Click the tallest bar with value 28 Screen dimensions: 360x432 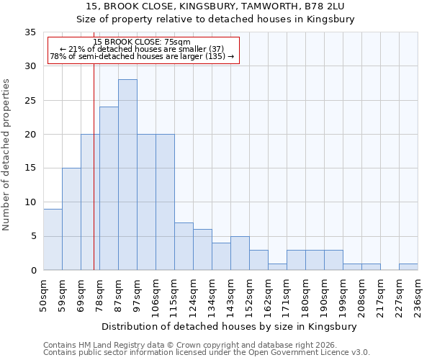coord(127,175)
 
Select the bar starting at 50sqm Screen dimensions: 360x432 coord(53,239)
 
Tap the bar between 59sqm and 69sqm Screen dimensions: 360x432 coord(71,219)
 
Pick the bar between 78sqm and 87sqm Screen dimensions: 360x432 coord(109,189)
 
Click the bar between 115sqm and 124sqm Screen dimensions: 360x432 coord(184,246)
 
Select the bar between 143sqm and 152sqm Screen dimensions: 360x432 coord(240,253)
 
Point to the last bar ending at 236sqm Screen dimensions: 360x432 coord(408,266)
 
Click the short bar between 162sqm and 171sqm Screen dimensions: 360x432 coord(277,266)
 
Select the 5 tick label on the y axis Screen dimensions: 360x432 coord(32,236)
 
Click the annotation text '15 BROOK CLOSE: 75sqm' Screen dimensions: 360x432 coord(142,42)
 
